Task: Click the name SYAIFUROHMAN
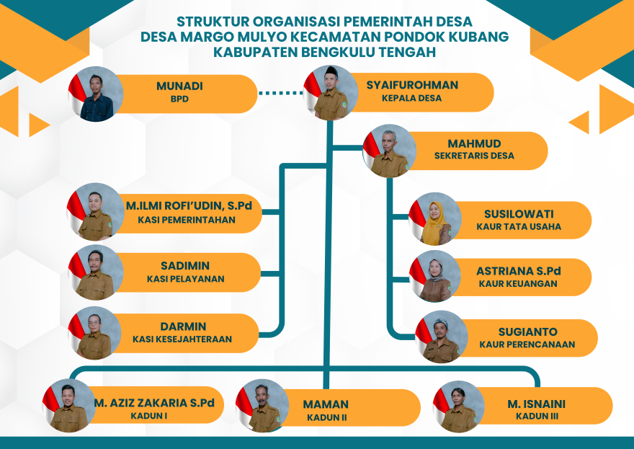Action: coord(411,85)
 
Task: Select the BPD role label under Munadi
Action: coord(179,99)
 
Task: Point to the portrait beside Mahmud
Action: coord(390,151)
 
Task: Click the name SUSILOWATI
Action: coord(519,214)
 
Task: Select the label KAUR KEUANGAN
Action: coord(518,284)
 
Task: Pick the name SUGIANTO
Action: coord(527,332)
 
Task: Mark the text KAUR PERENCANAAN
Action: coord(527,344)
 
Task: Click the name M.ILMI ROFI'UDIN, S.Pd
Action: coord(188,206)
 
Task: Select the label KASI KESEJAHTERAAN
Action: coord(182,339)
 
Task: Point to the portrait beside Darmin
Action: coord(94,333)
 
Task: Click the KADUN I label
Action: coord(148,416)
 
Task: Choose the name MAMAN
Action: coord(326,404)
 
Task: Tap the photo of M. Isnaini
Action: coord(459,406)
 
